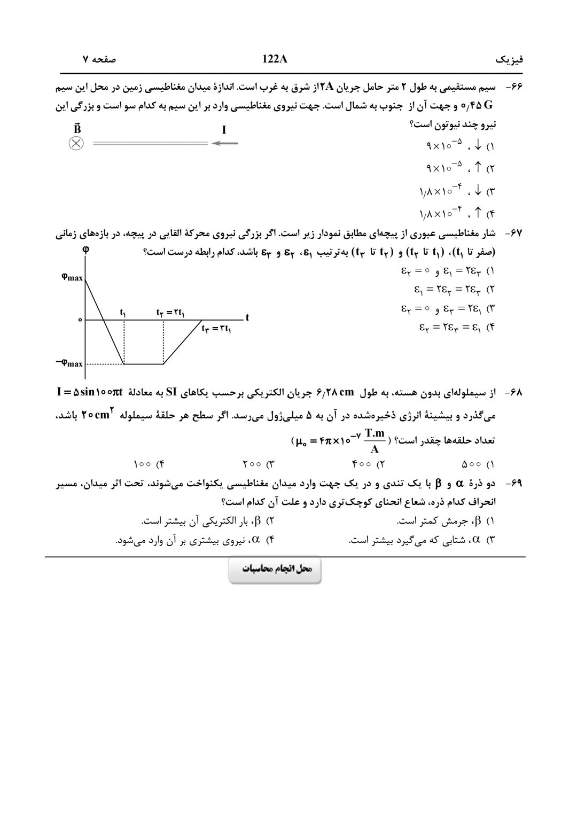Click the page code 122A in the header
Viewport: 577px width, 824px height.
[x=276, y=59]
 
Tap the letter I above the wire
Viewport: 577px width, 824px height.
[x=224, y=130]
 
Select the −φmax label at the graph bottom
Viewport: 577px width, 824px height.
[x=69, y=364]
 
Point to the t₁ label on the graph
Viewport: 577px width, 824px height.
[x=123, y=313]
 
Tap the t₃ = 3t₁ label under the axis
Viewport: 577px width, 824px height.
[x=216, y=329]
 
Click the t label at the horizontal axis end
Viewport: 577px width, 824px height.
[x=247, y=317]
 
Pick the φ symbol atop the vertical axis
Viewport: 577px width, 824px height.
[x=85, y=250]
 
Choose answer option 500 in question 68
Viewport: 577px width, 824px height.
[x=470, y=464]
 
